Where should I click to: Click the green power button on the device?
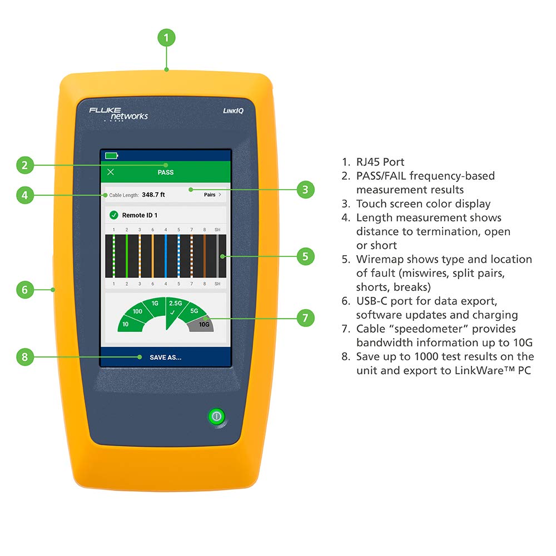pos(216,416)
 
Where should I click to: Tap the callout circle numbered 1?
pos(166,38)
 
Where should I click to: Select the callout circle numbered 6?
pos(24,290)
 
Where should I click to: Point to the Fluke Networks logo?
pos(118,114)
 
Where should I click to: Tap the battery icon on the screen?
pos(112,156)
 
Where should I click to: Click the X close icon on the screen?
pos(110,172)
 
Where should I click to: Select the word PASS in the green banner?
pos(166,172)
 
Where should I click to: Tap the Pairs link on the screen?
pos(212,195)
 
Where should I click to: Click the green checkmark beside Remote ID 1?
pos(114,215)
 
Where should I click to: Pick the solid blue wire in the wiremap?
pos(166,256)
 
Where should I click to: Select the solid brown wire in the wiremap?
pos(204,256)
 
